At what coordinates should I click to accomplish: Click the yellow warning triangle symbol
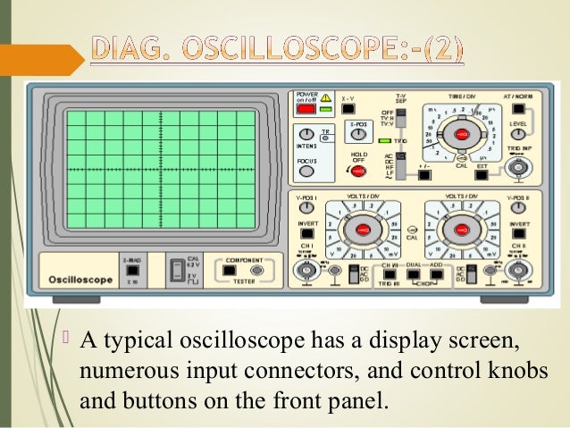click(x=326, y=97)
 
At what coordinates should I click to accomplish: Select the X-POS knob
click(x=359, y=136)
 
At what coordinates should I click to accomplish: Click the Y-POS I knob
click(x=306, y=208)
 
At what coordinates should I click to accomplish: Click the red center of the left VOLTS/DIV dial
click(x=361, y=231)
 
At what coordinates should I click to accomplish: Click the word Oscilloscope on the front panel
click(x=80, y=280)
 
